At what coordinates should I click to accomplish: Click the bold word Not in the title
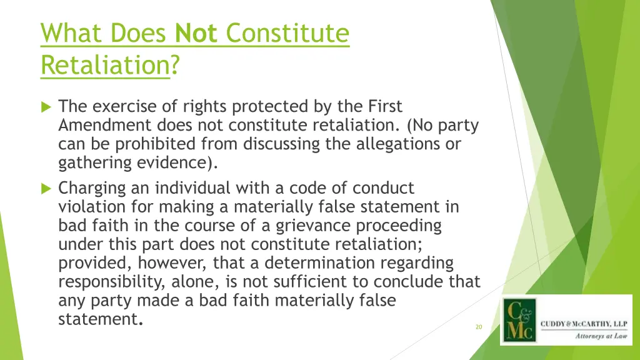(196, 33)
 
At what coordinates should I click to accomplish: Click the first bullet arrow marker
(46, 107)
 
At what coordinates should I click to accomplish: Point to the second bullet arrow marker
(46, 188)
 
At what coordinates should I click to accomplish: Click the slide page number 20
(479, 327)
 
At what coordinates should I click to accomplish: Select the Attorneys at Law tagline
(599, 336)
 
